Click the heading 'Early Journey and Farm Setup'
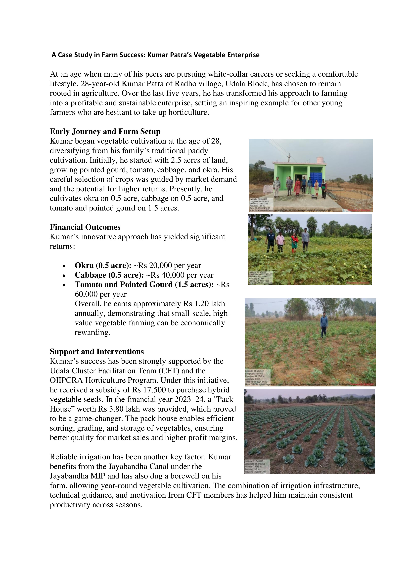[x=105, y=132]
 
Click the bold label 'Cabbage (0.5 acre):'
[x=109, y=275]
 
